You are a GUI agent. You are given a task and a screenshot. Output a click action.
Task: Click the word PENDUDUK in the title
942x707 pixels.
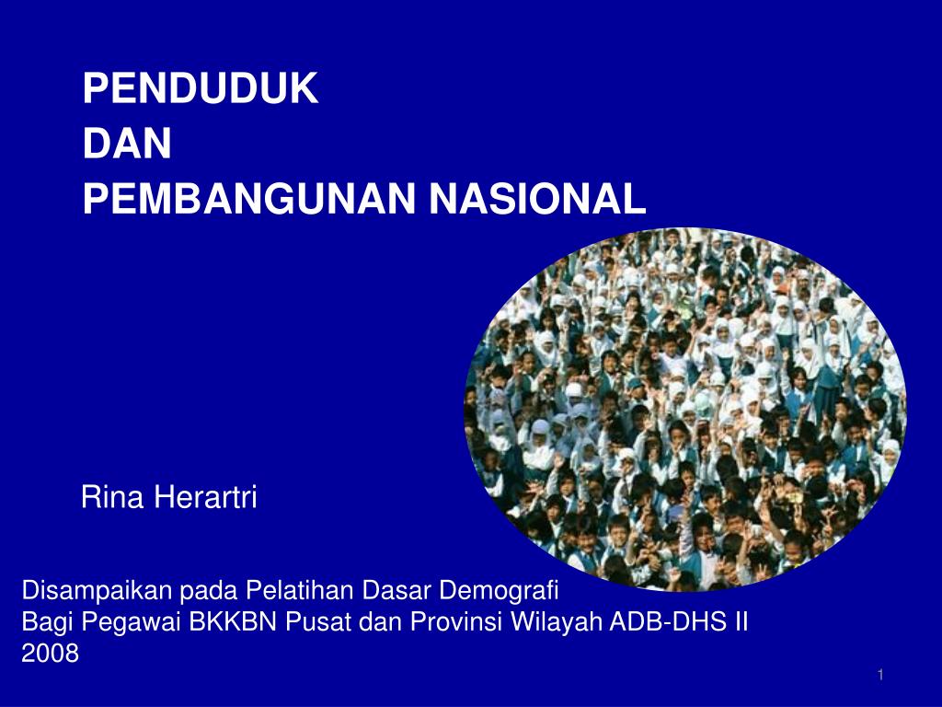tap(201, 89)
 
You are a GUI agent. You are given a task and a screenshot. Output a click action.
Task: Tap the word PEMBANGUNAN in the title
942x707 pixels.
tap(247, 198)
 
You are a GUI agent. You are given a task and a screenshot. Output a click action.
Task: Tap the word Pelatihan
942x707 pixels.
tap(294, 589)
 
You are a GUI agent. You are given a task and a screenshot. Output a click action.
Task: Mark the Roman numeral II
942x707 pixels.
tap(741, 621)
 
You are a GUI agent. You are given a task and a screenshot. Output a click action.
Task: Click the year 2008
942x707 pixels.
tap(50, 654)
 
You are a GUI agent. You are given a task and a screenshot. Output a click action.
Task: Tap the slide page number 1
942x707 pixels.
tap(880, 677)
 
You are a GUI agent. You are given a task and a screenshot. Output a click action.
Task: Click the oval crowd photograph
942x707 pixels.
tap(684, 409)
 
